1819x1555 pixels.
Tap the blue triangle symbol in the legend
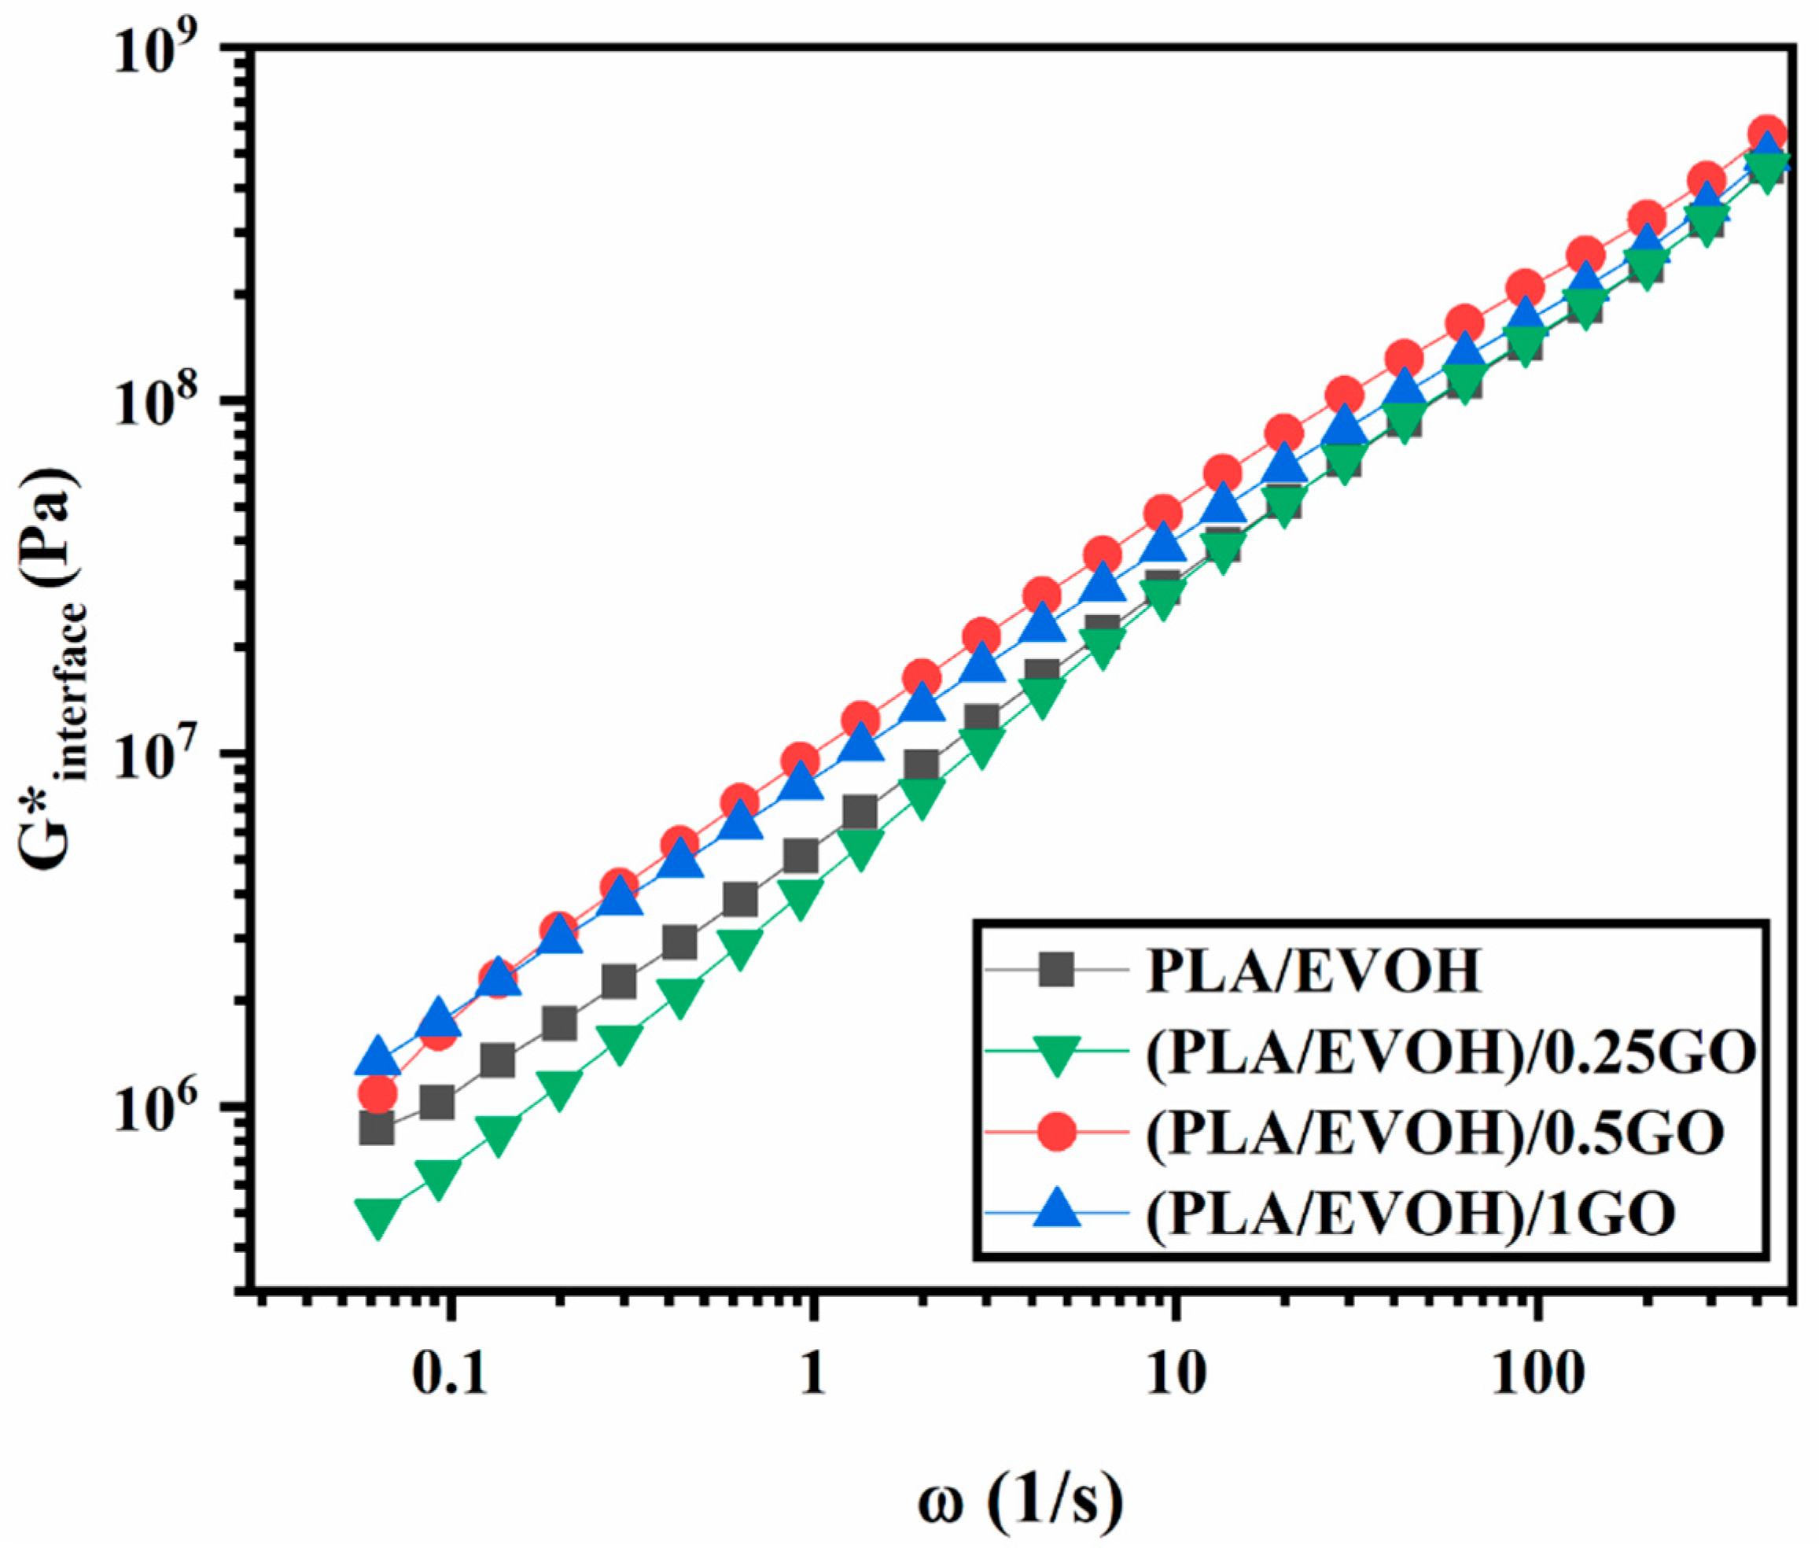pos(1056,1210)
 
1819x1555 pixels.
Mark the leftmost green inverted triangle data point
pos(377,1218)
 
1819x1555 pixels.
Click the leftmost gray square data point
pos(377,1128)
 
